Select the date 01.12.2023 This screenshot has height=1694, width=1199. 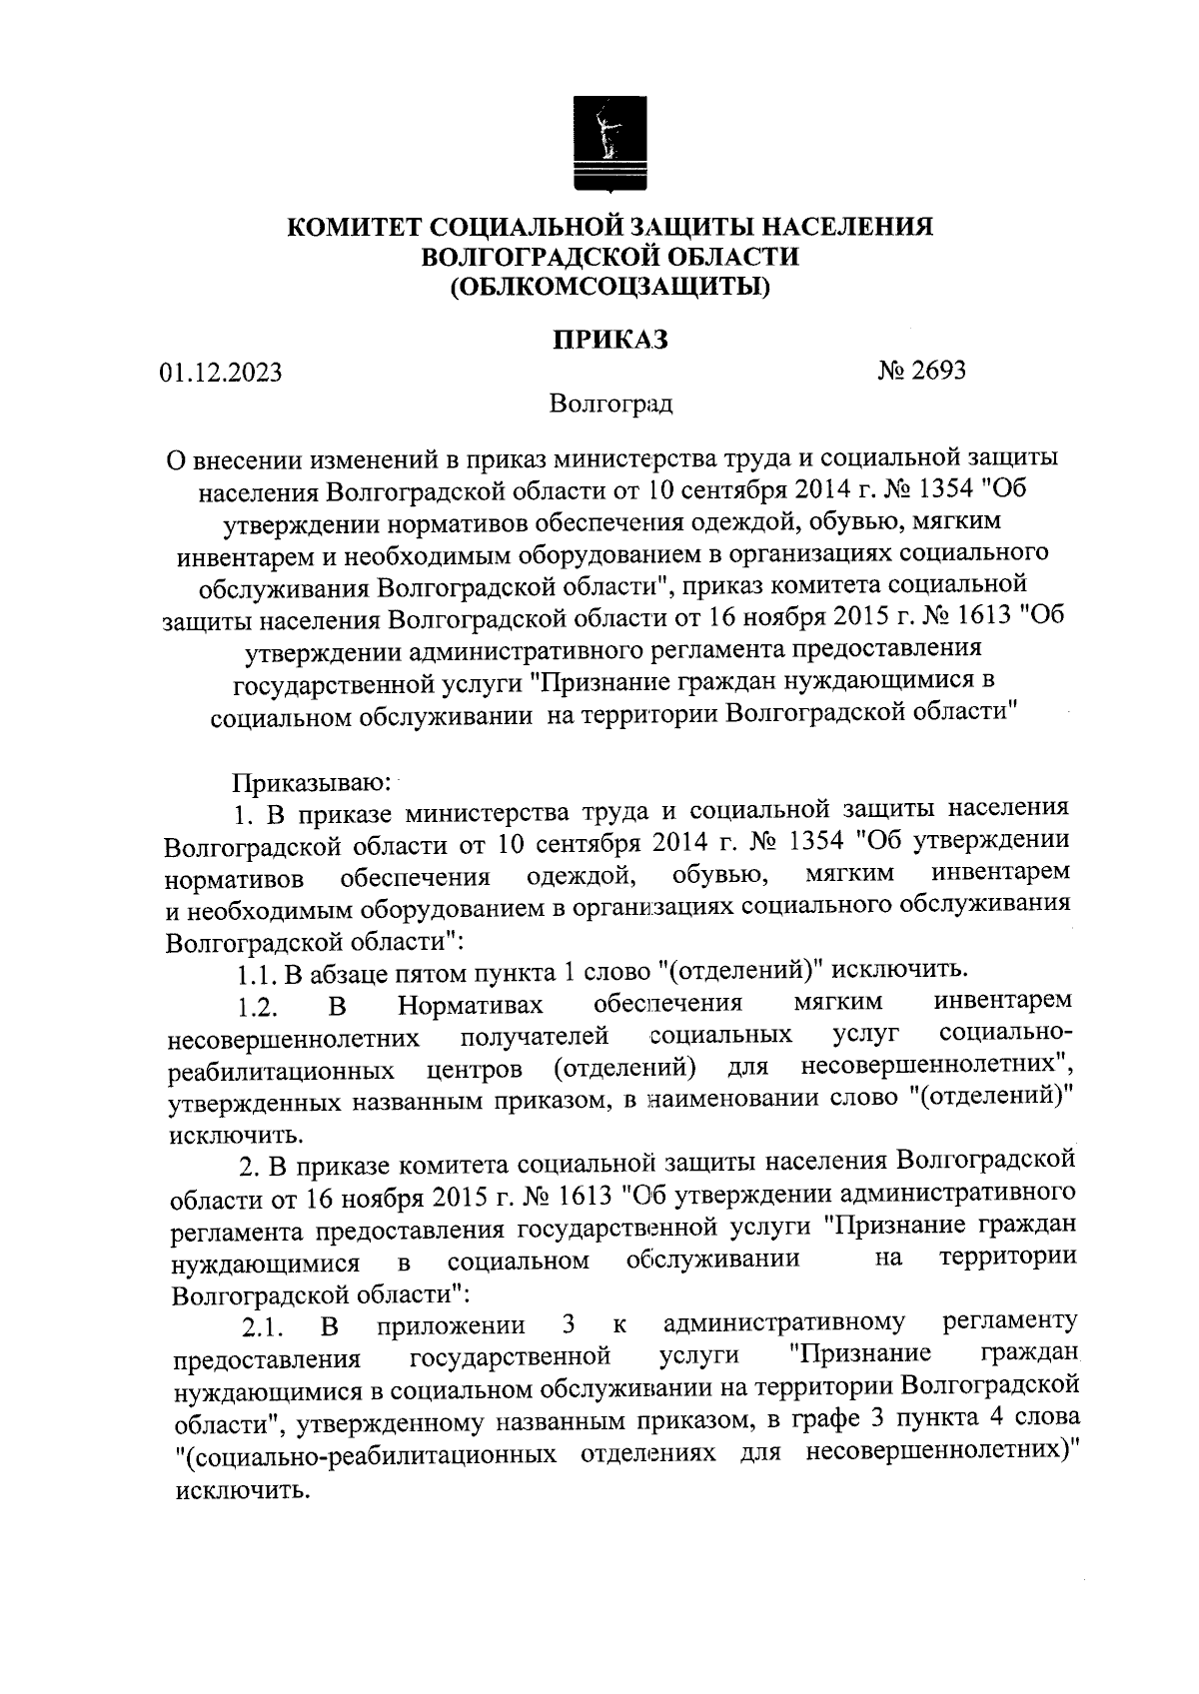pos(221,374)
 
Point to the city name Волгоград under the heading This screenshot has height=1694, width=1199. pos(610,405)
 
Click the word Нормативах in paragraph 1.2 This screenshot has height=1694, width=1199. pos(471,1003)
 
